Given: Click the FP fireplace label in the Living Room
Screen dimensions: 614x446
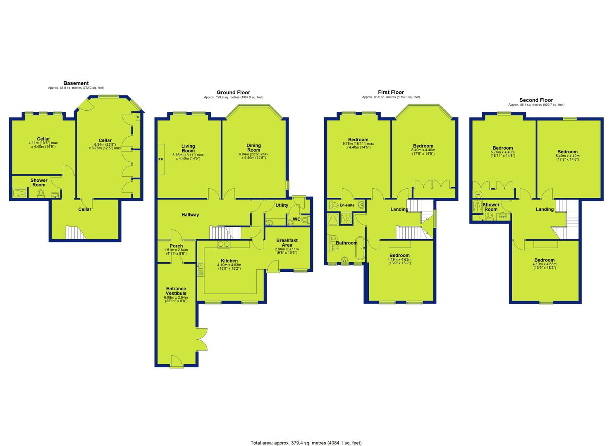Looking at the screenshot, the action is tap(160, 159).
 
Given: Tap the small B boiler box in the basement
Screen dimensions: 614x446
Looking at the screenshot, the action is tap(138, 117).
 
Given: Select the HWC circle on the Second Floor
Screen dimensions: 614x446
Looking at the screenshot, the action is tap(478, 195).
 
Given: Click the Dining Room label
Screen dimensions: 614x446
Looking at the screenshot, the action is tap(253, 147).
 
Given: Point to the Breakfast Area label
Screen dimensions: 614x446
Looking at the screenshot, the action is tap(287, 242).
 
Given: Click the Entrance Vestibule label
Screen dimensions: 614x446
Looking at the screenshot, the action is tap(176, 291).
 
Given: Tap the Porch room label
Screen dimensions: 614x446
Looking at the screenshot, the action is tap(176, 246).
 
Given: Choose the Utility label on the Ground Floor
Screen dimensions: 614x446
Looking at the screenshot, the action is tap(282, 205).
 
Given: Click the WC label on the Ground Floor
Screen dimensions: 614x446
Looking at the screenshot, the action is tap(296, 219).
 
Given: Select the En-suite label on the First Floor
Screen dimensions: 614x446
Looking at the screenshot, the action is tap(347, 205).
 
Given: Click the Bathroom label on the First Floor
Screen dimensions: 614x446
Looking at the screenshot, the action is tap(346, 243).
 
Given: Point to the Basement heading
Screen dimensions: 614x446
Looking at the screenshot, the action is tap(76, 83).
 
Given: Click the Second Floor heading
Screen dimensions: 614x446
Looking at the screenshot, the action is tap(536, 100).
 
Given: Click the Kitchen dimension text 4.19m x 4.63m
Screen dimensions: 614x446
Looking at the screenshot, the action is tap(229, 265).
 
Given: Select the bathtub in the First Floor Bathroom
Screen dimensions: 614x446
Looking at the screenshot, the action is tap(360, 248).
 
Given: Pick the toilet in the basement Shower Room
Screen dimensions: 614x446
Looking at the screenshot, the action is tap(41, 194).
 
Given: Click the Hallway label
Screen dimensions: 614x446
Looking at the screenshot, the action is tap(190, 215).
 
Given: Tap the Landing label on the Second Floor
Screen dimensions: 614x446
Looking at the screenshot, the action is tap(545, 209).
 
